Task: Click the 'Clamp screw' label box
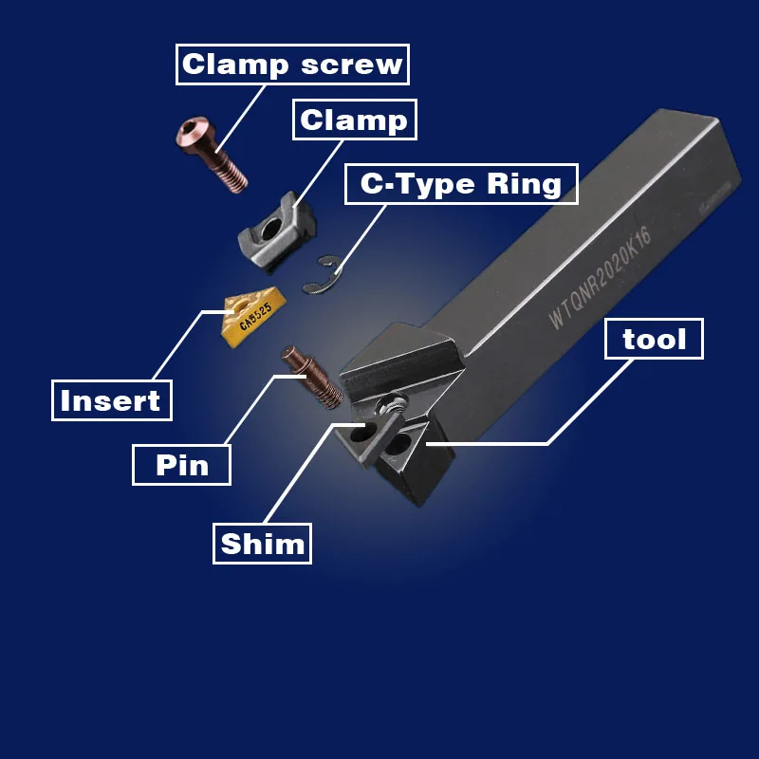point(291,65)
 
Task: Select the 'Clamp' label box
point(353,120)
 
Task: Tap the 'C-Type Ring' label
point(460,183)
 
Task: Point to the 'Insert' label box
point(111,400)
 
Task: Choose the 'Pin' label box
point(180,465)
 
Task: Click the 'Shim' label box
point(263,544)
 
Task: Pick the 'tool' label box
point(654,339)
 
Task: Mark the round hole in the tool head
point(361,434)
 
